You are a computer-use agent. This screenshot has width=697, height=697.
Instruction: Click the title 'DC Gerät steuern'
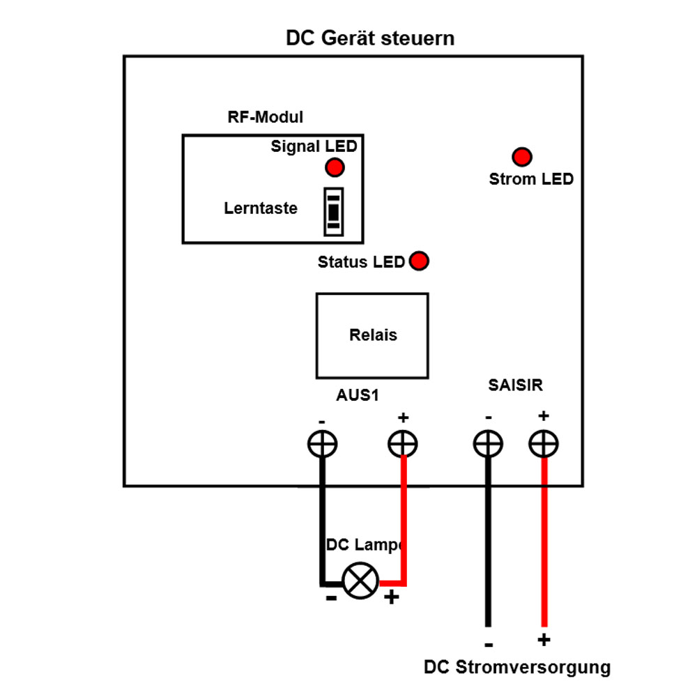point(370,38)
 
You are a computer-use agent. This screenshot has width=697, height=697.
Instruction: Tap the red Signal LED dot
point(335,167)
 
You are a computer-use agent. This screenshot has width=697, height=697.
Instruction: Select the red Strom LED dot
point(521,157)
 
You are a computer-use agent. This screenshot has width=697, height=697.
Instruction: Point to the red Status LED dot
point(419,261)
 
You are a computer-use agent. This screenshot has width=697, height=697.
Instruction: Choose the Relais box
point(372,335)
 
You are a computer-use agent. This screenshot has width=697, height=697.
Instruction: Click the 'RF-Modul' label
point(266,117)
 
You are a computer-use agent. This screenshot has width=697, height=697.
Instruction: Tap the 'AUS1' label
point(357,395)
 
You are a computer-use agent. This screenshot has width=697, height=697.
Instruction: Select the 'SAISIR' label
point(516,384)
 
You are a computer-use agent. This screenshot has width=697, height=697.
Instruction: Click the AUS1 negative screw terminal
point(322,443)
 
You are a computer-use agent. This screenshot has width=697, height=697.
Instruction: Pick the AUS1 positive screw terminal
point(403,443)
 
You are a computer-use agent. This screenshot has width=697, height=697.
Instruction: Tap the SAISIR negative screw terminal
point(488,443)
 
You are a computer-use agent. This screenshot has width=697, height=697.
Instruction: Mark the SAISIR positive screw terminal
point(544,443)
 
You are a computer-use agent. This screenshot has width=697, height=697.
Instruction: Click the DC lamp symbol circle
point(360,581)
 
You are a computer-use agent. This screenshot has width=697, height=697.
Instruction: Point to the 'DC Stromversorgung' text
point(516,667)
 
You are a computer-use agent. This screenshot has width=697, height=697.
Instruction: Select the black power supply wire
point(488,544)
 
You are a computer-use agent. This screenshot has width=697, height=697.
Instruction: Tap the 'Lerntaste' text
point(261,208)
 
